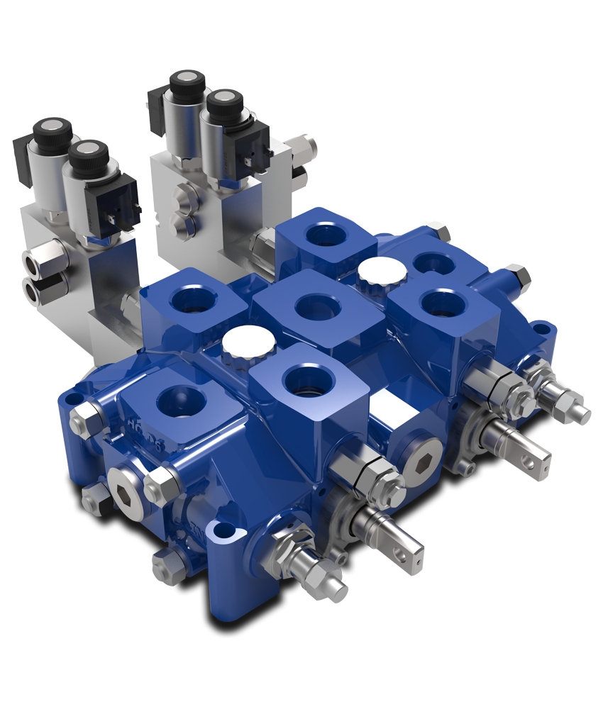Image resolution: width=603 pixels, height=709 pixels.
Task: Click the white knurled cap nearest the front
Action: [x=248, y=343]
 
